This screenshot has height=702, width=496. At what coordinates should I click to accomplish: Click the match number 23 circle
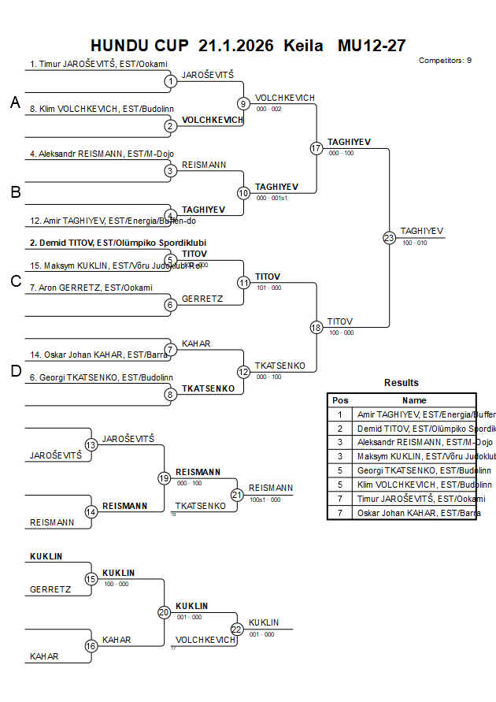(x=389, y=238)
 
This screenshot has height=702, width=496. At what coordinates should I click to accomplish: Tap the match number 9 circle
(x=243, y=103)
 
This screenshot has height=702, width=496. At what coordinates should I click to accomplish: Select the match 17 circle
(x=316, y=148)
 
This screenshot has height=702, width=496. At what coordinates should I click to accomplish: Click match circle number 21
(x=238, y=495)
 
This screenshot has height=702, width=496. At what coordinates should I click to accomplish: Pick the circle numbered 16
(x=91, y=646)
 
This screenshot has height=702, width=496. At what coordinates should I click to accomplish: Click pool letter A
(x=15, y=102)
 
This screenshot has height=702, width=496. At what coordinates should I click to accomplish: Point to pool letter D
(x=15, y=371)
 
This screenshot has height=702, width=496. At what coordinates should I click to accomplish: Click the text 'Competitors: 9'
(x=445, y=61)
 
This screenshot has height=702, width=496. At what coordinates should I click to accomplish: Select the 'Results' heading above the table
(x=402, y=383)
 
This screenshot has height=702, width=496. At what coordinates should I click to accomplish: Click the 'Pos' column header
(x=340, y=400)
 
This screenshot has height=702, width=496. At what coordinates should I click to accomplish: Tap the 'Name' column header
(x=414, y=400)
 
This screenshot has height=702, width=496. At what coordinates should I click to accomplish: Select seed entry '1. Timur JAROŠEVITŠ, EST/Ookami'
(x=98, y=65)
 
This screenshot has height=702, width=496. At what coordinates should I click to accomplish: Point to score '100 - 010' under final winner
(x=414, y=243)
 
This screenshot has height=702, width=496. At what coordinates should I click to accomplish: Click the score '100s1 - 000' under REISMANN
(x=265, y=500)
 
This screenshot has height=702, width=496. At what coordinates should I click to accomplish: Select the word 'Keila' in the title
(x=303, y=46)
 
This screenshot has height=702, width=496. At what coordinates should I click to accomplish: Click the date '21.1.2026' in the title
(x=236, y=46)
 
